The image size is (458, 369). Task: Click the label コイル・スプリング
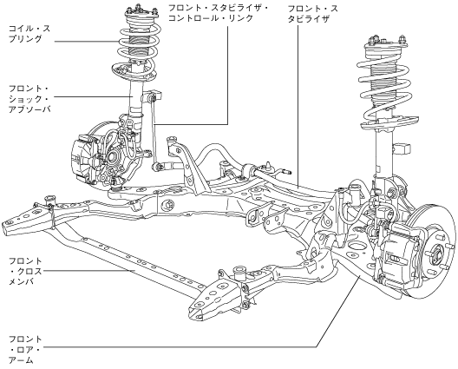click(x=29, y=34)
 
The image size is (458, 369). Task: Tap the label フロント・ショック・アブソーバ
click(x=29, y=99)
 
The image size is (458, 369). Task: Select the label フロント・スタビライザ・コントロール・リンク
click(x=219, y=13)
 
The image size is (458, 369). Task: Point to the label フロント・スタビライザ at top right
click(x=312, y=13)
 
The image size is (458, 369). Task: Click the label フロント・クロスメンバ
click(x=25, y=271)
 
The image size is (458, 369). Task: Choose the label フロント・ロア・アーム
click(x=25, y=350)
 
